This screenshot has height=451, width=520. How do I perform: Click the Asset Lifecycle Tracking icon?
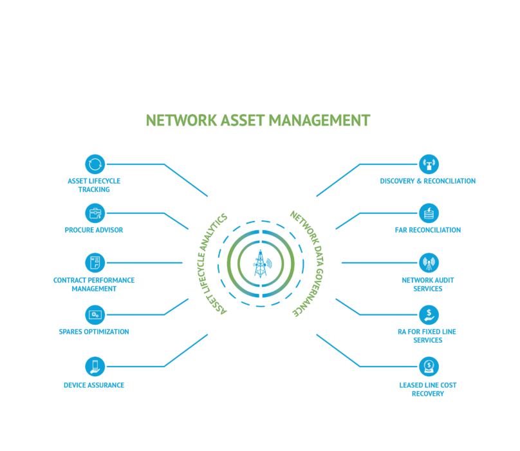[x=95, y=164]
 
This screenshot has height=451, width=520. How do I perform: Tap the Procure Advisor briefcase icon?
[x=95, y=213]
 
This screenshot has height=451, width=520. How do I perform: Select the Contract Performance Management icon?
[x=95, y=263]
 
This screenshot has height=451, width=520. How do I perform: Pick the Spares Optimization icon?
[x=95, y=314]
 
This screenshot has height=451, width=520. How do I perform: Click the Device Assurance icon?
[x=95, y=367]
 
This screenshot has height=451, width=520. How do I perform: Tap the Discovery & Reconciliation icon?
[x=429, y=164]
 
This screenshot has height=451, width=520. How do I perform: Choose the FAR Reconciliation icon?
[x=429, y=213]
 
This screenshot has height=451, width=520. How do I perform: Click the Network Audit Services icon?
[x=429, y=263]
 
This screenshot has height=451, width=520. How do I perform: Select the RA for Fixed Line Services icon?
[x=429, y=314]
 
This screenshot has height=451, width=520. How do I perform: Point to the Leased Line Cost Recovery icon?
[x=429, y=367]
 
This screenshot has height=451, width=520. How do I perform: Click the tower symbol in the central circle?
[x=261, y=264]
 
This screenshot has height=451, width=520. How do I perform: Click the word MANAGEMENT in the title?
[x=319, y=120]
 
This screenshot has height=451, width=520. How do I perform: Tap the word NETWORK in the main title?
[x=181, y=120]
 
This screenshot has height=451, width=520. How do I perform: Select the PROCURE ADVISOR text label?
[x=94, y=230]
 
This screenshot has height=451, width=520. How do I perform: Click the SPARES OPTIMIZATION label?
[x=94, y=332]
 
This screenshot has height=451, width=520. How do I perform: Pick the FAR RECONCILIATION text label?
[x=428, y=230]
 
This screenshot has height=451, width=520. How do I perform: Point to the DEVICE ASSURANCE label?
[x=94, y=385]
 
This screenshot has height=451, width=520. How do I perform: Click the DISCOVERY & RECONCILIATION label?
[x=428, y=181]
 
